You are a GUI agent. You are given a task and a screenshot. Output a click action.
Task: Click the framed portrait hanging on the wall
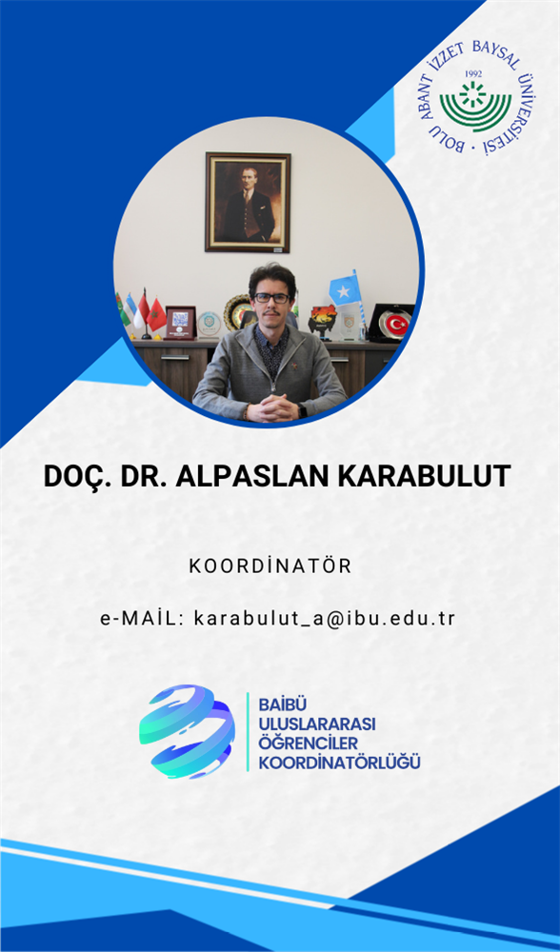coord(248,202)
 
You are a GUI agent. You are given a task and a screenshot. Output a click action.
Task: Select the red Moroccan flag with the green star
coord(157,314)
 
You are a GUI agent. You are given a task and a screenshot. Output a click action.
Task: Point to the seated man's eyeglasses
coord(272,298)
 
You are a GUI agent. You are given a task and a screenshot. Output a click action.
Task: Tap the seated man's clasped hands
coord(272,407)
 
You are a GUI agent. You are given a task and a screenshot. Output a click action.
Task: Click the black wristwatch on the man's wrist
coord(302,409)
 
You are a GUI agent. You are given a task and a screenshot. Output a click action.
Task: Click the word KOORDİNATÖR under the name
coord(270,565)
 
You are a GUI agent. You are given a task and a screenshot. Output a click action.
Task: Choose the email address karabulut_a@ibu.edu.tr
coord(325,618)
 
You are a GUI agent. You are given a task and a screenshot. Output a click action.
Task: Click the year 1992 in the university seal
coord(472,73)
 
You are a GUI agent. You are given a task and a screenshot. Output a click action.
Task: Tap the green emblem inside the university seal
coord(475,106)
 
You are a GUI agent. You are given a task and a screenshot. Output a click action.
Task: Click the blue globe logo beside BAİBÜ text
coord(187,731)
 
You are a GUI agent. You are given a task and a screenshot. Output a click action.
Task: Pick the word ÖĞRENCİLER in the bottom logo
coord(309,744)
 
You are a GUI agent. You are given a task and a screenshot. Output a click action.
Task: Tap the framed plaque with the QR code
coord(181,323)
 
